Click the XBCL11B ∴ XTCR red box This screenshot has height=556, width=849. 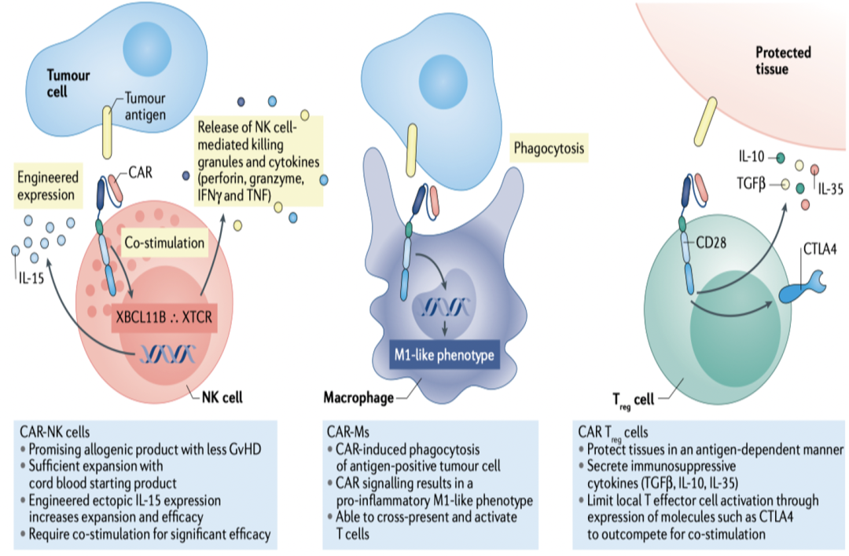pos(164,316)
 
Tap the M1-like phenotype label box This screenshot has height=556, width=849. pos(444,355)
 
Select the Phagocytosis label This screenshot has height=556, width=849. pos(549,148)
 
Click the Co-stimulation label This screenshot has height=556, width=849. pos(164,243)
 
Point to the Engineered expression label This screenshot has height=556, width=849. pos(48,185)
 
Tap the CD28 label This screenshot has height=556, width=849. pos(711,243)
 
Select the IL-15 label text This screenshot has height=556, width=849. pos(31,279)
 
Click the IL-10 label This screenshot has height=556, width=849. pos(752,157)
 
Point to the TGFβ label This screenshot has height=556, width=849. pos(751,184)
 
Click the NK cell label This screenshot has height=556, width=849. pos(222,397)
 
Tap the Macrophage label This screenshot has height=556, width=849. pos(358,397)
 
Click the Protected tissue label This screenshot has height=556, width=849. pos(783,60)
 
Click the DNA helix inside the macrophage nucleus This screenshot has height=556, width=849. pos(444,307)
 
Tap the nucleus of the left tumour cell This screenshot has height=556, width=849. pos(147,48)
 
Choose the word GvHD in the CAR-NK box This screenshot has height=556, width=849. pos(245,449)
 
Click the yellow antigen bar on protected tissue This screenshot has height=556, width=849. pos(706,123)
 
